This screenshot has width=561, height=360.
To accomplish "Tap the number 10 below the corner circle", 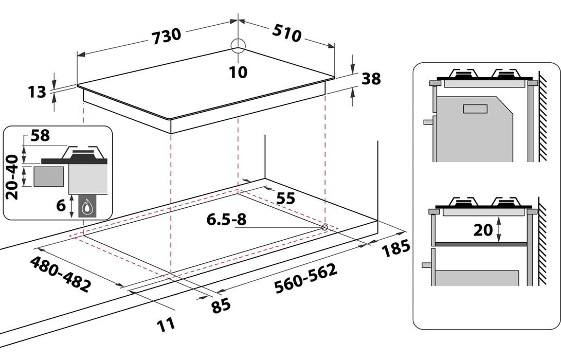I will pos(238,72).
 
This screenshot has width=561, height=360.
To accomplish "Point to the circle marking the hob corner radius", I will pos(239,46).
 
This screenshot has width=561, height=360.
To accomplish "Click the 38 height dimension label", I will pos(371,79).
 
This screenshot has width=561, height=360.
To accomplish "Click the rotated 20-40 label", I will pos(14,177).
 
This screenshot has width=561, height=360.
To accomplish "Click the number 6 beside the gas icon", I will pos(60,206).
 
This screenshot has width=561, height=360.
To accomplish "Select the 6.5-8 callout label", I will pos(227,220).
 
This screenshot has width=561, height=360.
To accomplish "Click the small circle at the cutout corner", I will pos(324,227).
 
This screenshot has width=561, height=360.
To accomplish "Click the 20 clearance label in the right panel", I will pos(483,230).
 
